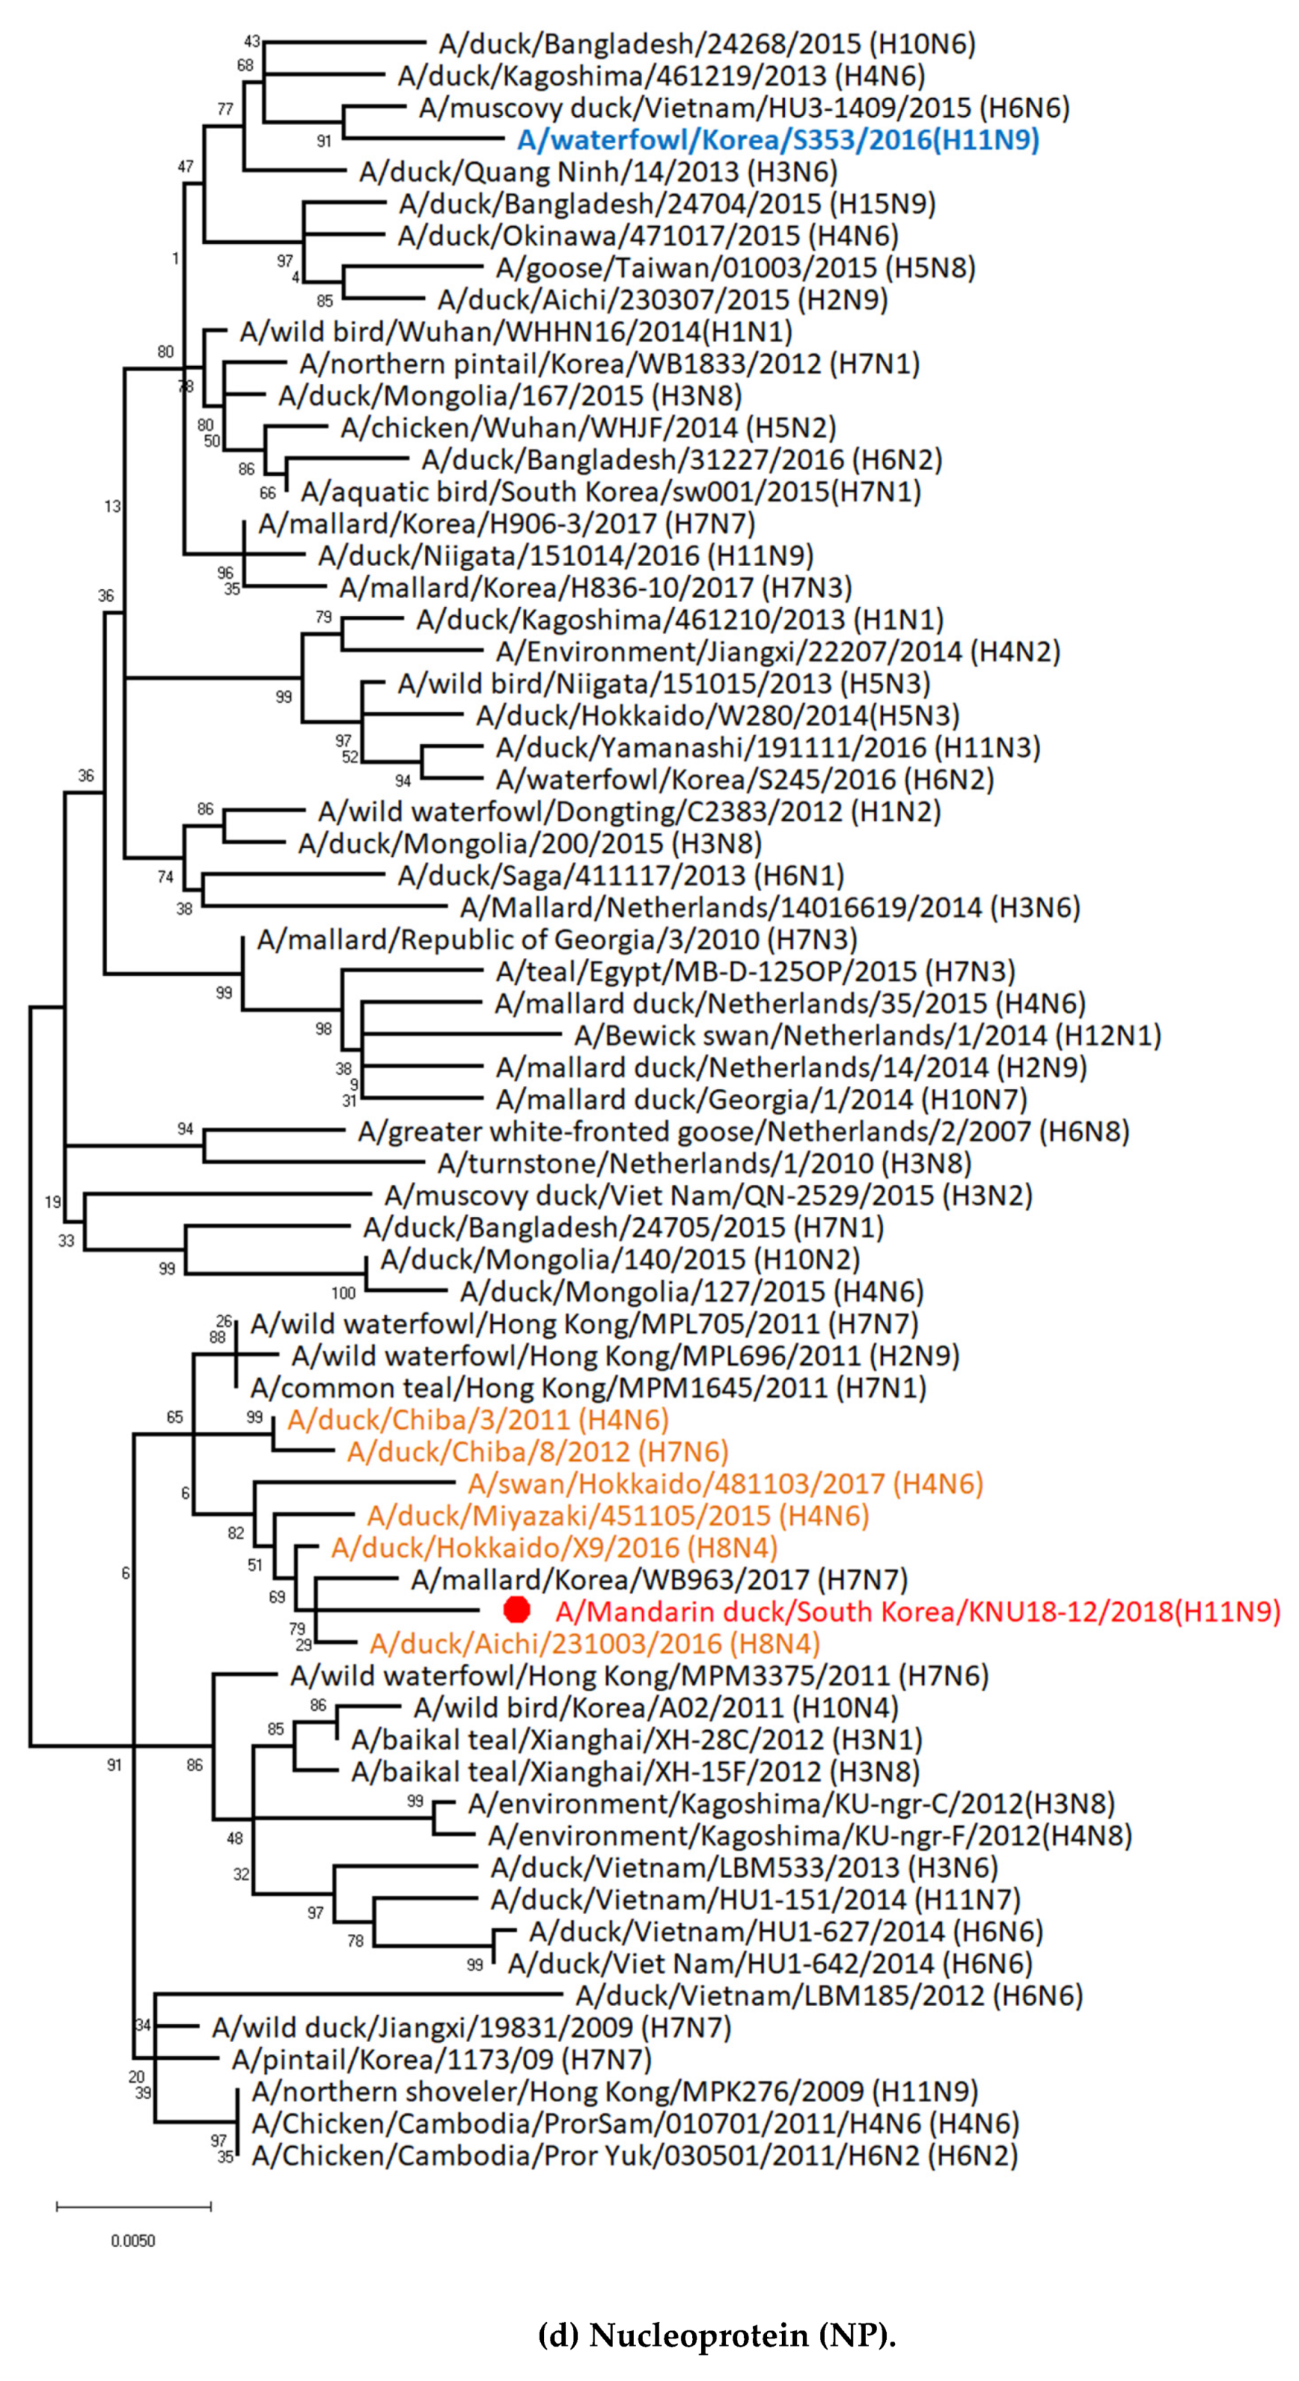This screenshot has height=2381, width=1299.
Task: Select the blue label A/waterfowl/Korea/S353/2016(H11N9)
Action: [777, 140]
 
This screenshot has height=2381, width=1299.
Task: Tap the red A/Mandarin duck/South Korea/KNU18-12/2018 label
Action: [917, 1611]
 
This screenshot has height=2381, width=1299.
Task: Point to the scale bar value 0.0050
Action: [133, 2240]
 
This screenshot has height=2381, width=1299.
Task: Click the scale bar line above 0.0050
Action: [133, 2206]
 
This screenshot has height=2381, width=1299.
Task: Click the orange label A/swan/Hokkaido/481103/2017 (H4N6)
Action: [725, 1483]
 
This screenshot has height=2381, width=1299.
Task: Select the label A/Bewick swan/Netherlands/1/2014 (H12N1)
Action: [867, 1035]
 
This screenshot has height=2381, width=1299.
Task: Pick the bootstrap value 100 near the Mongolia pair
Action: [343, 1293]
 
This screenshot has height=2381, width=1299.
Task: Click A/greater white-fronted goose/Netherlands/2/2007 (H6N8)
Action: [743, 1131]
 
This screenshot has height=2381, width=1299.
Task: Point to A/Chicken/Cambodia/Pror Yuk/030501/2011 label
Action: [634, 2156]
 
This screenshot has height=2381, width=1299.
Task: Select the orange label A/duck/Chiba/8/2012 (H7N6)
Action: [537, 1451]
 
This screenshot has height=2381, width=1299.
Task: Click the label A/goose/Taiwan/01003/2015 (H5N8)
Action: [735, 268]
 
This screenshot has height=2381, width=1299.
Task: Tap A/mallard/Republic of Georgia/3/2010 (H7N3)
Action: [557, 939]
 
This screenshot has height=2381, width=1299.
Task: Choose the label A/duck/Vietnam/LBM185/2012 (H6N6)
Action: [828, 1996]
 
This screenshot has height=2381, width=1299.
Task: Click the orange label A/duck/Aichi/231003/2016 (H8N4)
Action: [594, 1643]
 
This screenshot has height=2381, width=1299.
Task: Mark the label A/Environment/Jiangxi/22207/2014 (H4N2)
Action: [777, 652]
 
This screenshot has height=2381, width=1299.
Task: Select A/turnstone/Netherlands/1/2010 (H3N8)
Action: [705, 1163]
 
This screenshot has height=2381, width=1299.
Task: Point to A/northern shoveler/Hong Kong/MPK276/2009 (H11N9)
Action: [615, 2091]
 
